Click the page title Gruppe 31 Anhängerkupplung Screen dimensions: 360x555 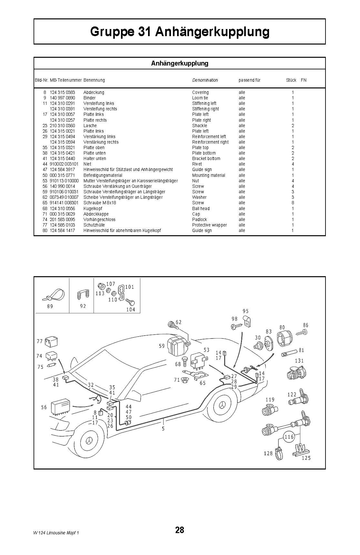pos(180,32)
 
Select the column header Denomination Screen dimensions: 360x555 pos(205,80)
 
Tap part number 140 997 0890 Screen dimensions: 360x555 pos(62,98)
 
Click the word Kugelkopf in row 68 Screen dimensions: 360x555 pos(93,208)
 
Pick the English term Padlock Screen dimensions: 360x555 pos(200,219)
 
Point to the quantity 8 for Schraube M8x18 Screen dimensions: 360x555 pos(293,203)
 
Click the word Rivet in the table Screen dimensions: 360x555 pos(197,164)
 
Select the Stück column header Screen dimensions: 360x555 pos(291,80)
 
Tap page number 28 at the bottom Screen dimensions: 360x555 pos(180,530)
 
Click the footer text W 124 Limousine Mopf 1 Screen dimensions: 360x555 pos(56,533)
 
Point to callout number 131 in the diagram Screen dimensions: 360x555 pos(299,361)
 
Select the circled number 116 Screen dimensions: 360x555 pos(289,437)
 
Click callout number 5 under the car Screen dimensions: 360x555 pos(163,429)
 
